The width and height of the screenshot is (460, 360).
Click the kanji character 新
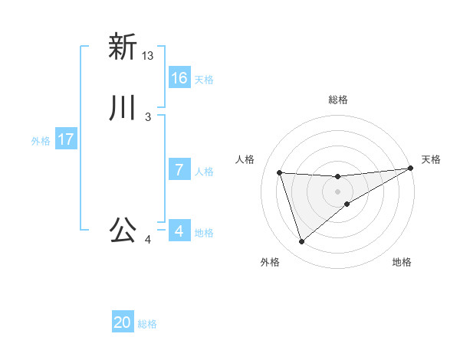tap(123, 47)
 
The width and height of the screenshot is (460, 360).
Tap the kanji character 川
tap(123, 109)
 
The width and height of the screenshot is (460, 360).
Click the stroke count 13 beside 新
tap(148, 56)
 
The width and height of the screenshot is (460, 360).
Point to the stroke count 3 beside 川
tap(148, 117)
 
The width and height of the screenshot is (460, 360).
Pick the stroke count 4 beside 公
tap(148, 240)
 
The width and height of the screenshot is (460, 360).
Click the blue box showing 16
tap(179, 78)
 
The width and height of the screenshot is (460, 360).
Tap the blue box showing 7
tap(179, 170)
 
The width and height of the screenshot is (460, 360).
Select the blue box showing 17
tap(66, 139)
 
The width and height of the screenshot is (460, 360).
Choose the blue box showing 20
tap(123, 322)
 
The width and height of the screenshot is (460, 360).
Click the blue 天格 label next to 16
tap(204, 80)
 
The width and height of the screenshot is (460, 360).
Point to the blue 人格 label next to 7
tap(204, 172)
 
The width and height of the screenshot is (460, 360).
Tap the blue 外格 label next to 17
tap(41, 141)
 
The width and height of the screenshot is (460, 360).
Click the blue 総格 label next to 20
tap(147, 324)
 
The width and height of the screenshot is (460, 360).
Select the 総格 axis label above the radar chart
tap(338, 100)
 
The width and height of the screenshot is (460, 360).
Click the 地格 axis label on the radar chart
tap(402, 263)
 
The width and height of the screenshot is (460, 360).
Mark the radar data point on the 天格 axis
tap(411, 169)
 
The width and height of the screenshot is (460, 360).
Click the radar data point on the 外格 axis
tap(301, 242)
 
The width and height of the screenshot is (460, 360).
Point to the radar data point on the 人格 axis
tap(280, 172)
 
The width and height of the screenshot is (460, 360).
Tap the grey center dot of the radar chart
tap(338, 191)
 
